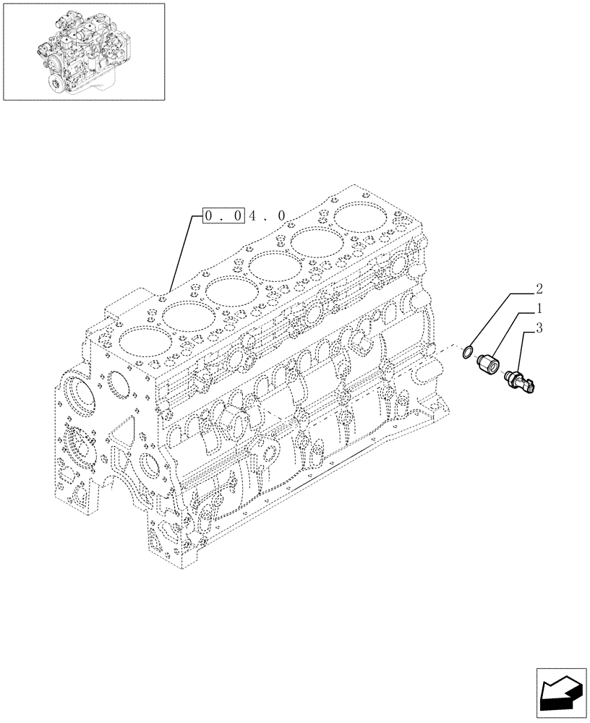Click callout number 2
tap(539, 291)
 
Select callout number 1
tap(539, 309)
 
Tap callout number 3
tap(539, 329)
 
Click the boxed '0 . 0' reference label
tap(223, 215)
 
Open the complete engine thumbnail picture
tap(84, 51)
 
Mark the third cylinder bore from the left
tap(230, 292)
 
